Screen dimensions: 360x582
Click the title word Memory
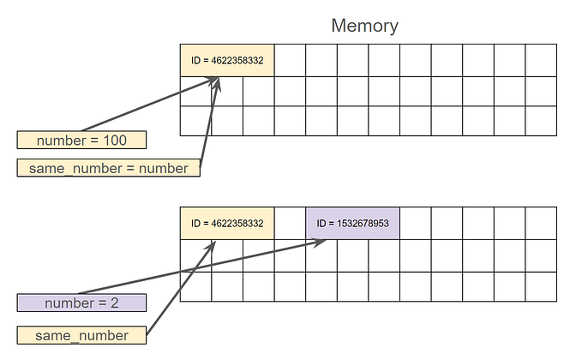click(x=364, y=26)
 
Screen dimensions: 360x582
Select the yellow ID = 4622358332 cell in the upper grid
click(x=227, y=61)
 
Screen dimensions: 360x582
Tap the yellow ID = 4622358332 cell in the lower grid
click(x=227, y=223)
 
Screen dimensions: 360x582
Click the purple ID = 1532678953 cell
click(x=352, y=223)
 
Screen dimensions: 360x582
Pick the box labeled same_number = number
click(x=108, y=169)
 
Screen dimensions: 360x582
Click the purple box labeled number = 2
click(x=81, y=303)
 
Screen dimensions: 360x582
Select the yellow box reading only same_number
click(x=81, y=335)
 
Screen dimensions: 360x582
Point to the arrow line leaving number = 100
click(x=146, y=106)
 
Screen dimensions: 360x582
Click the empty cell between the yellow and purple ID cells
click(x=290, y=223)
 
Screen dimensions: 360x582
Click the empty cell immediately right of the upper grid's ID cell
click(x=290, y=61)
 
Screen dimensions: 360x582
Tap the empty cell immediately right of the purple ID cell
click(x=415, y=223)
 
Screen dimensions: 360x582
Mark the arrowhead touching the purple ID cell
click(x=319, y=243)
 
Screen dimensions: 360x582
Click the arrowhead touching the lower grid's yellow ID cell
click(x=209, y=244)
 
